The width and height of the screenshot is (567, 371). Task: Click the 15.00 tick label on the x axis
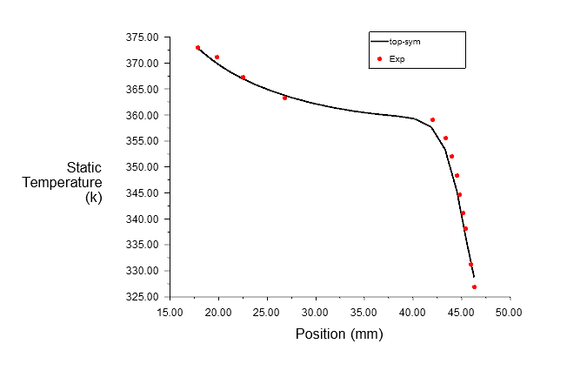click(x=170, y=313)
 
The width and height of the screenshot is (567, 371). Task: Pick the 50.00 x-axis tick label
click(x=509, y=313)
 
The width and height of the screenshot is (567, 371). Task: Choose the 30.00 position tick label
click(x=316, y=313)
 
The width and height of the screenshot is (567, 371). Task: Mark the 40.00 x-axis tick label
click(x=412, y=313)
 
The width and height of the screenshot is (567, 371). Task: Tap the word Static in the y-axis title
click(x=84, y=167)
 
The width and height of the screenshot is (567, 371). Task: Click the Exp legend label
click(x=397, y=59)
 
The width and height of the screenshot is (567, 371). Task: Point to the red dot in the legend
click(x=380, y=59)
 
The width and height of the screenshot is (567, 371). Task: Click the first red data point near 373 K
click(x=197, y=47)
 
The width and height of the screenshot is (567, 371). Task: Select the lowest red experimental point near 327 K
click(x=474, y=287)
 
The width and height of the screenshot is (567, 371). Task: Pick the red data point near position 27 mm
click(x=284, y=98)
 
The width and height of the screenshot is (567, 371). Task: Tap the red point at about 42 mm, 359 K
click(x=432, y=119)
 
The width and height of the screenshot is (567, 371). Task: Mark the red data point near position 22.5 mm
click(x=243, y=77)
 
